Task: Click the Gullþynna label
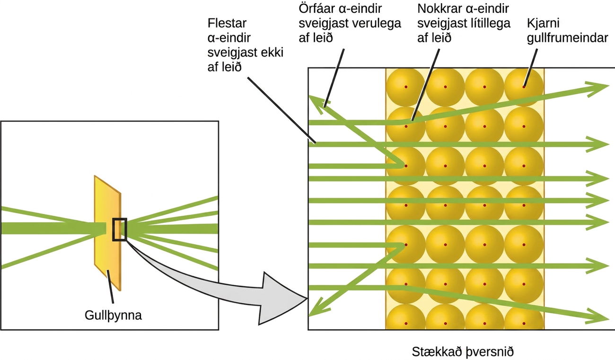coord(113,316)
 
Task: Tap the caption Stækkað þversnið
coord(463,352)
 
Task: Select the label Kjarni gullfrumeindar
coord(567,30)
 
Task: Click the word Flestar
coord(227,23)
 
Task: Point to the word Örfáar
coord(317,9)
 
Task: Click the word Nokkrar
coord(439,9)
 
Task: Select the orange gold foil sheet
coord(108,233)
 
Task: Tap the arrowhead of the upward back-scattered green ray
coord(316,102)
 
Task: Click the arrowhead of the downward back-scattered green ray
coord(316,309)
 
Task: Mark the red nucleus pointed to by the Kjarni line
coord(524,87)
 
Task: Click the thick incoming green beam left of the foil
coord(53,228)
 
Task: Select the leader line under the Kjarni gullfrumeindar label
coord(530,68)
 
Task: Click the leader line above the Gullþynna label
coord(110,287)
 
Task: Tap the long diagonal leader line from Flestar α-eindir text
coord(281,110)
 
